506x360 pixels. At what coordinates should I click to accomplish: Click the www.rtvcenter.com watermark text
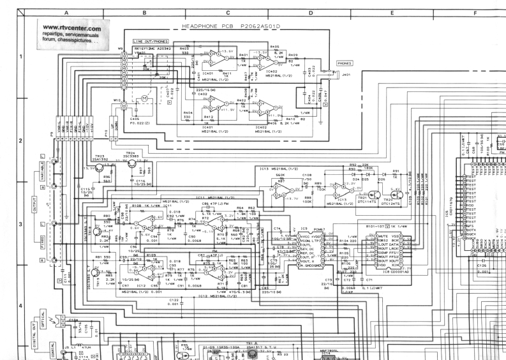pyautogui.click(x=72, y=29)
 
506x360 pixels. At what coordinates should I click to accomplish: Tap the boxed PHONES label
pyautogui.click(x=345, y=64)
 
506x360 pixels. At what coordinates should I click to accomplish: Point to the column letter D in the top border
pyautogui.click(x=310, y=13)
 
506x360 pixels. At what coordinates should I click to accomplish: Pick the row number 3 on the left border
pyautogui.click(x=20, y=224)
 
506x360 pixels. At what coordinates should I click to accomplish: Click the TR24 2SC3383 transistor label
pyautogui.click(x=130, y=154)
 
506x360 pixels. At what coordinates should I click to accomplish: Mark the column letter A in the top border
pyautogui.click(x=66, y=13)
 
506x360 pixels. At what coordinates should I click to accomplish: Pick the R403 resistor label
pyautogui.click(x=184, y=48)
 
